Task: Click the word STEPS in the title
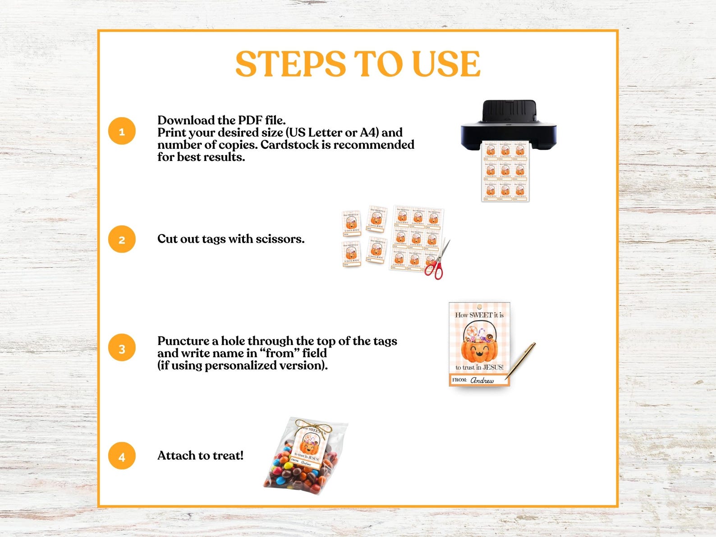[x=290, y=64]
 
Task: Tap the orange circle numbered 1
[x=122, y=131]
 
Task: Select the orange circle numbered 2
[x=122, y=239]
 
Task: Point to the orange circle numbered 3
[x=122, y=348]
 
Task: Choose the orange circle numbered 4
[x=122, y=456]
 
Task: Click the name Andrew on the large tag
[x=482, y=381]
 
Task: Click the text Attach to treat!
[x=200, y=456]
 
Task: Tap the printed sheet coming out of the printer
[x=505, y=171]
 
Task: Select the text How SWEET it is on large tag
[x=479, y=315]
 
